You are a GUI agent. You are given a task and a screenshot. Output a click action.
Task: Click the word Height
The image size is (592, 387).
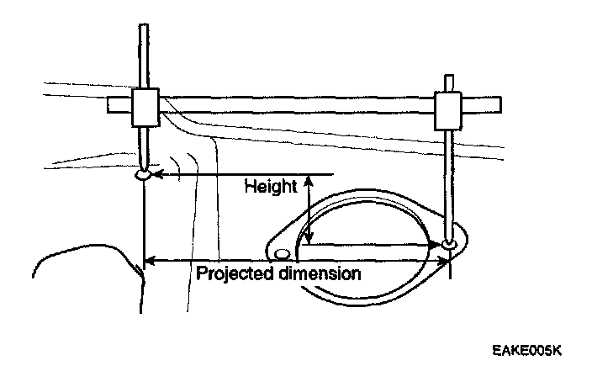[271, 186]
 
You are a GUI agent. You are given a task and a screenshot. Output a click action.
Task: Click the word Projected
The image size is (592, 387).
[235, 274]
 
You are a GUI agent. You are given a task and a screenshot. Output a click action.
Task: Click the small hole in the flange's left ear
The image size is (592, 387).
[283, 252]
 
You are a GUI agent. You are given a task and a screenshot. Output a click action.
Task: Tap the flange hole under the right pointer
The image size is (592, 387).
[452, 244]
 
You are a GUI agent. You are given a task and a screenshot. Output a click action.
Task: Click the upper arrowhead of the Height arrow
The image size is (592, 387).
[309, 179]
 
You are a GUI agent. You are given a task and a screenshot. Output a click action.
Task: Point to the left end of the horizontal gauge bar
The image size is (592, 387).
[110, 105]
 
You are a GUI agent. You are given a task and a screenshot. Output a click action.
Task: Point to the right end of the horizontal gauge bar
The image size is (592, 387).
[500, 104]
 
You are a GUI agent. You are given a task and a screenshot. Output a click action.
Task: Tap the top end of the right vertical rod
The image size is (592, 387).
[449, 79]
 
